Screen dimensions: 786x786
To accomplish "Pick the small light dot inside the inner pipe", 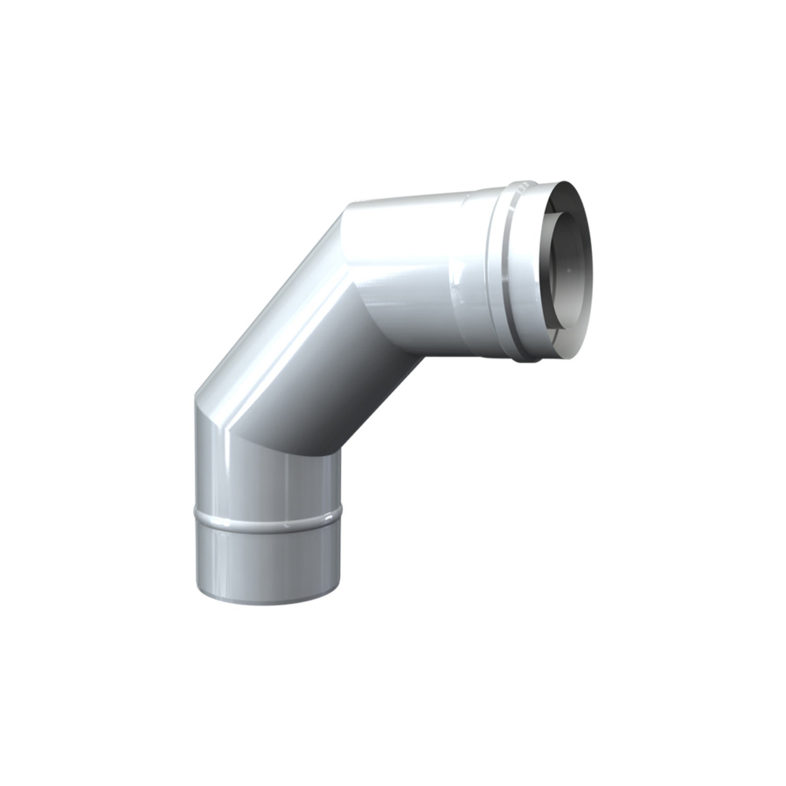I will (571, 269).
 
